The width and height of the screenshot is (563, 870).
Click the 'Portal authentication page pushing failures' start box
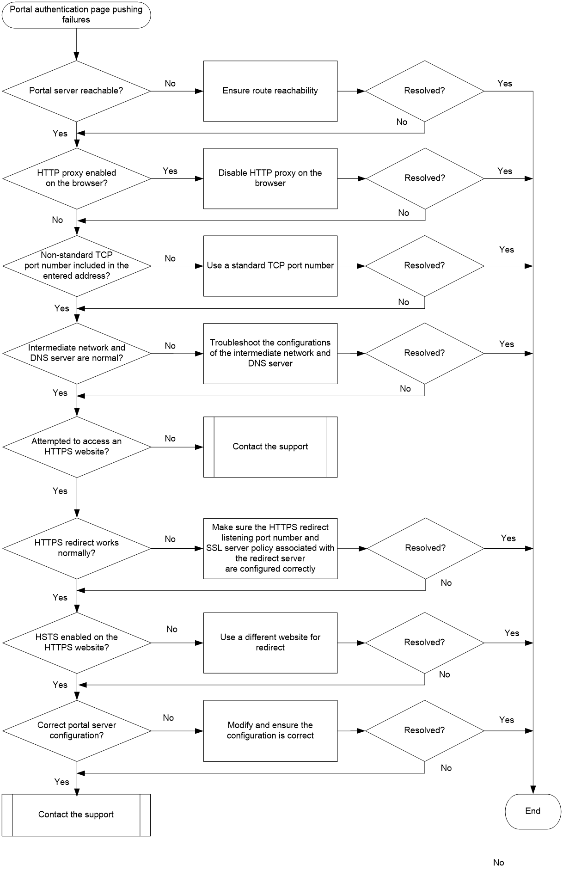point(76,14)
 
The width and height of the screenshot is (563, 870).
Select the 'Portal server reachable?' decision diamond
point(76,91)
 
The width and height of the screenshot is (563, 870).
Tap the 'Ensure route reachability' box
point(270,91)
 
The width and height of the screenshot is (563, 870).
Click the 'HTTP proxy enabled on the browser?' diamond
point(76,178)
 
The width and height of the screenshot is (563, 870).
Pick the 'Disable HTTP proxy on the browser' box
point(270,178)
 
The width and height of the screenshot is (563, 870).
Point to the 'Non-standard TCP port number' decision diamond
point(76,266)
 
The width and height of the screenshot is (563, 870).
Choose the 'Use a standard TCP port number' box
point(270,266)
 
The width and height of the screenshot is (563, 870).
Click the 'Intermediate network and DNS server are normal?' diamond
point(76,353)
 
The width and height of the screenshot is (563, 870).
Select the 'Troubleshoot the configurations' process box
point(270,353)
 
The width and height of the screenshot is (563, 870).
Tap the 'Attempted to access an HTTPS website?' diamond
point(76,447)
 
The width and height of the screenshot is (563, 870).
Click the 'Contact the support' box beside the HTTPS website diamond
point(270,447)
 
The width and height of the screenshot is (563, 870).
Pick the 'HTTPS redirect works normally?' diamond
point(76,548)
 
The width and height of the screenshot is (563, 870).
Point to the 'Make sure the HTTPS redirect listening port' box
point(270,548)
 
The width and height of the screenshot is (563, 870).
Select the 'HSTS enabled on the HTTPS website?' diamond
point(76,643)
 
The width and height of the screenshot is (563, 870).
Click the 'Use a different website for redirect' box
point(270,643)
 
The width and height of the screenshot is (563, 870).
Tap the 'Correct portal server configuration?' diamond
point(76,731)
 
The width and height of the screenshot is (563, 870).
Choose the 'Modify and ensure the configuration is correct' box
point(270,731)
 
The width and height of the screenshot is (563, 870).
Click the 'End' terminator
point(533,811)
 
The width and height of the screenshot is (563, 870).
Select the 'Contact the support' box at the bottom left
point(76,815)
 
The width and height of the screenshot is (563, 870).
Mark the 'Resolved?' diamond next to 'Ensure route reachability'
point(425,91)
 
